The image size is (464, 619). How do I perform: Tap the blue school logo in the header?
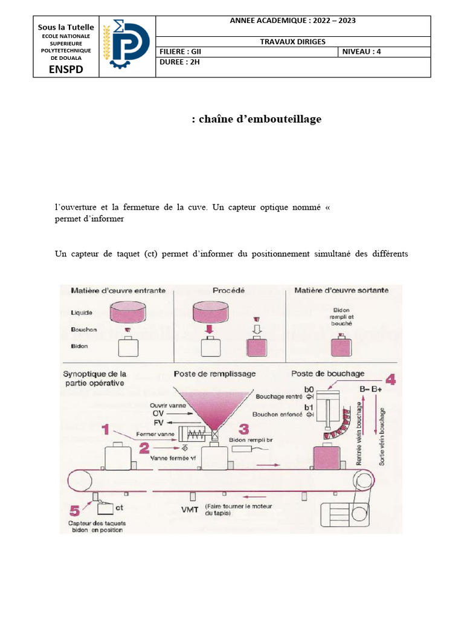click(x=127, y=47)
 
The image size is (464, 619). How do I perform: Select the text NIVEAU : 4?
click(x=362, y=51)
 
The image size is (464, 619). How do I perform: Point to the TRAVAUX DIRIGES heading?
click(x=292, y=41)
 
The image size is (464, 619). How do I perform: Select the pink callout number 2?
click(x=144, y=447)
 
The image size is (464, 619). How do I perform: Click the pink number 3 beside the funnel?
click(x=243, y=429)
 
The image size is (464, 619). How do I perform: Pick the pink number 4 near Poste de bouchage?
click(x=390, y=380)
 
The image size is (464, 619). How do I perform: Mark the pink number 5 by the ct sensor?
click(x=74, y=509)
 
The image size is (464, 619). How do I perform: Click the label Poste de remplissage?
click(x=214, y=374)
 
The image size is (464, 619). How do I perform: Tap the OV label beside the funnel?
click(x=158, y=413)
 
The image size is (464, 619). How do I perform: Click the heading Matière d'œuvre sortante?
click(x=341, y=291)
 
